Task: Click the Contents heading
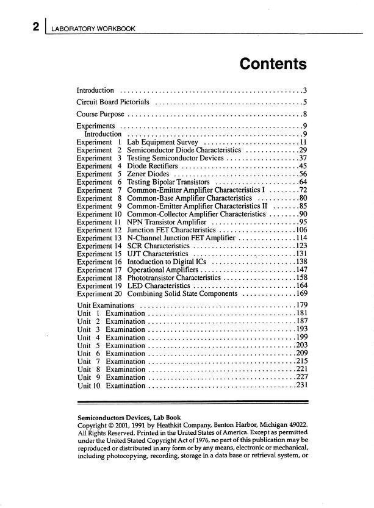point(273,63)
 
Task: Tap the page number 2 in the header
point(37,27)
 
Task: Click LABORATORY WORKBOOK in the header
point(93,29)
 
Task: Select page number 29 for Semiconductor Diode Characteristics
point(302,150)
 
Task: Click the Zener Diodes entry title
point(148,174)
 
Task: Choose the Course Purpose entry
point(100,114)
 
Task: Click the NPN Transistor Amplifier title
point(166,222)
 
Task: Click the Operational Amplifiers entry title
point(163,270)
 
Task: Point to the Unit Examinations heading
point(106,305)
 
